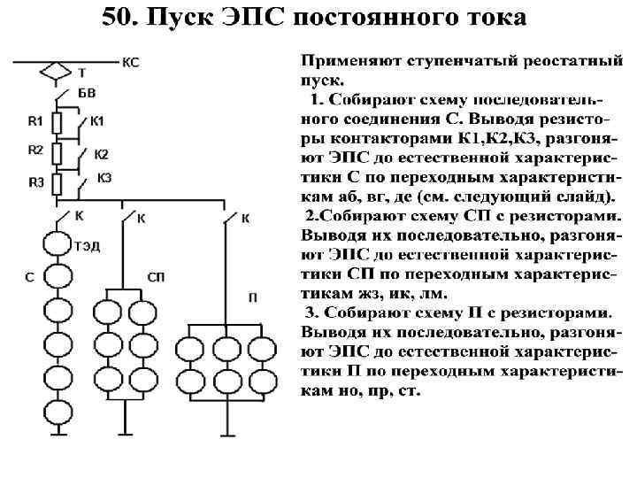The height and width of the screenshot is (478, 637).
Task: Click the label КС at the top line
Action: (x=129, y=62)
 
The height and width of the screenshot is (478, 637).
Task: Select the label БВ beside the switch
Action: (x=87, y=93)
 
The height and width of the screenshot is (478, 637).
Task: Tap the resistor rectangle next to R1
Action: (x=57, y=122)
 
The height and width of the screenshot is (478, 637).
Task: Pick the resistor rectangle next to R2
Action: (x=57, y=153)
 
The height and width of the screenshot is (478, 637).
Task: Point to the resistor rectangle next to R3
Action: (x=57, y=184)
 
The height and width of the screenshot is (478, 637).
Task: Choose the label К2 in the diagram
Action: (x=101, y=154)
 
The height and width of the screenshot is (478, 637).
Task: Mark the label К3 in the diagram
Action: (x=104, y=178)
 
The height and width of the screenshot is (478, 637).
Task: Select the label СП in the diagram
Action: (x=156, y=278)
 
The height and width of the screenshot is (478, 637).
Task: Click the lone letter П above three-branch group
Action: (x=253, y=298)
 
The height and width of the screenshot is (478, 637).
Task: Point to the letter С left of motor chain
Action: (x=29, y=278)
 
